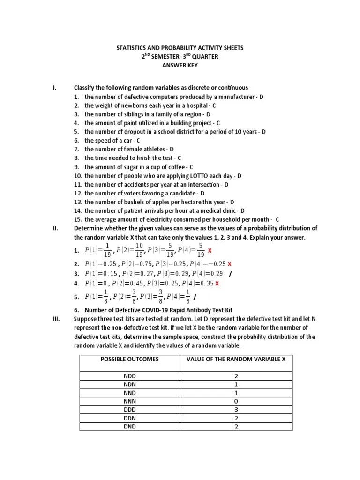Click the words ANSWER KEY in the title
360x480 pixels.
point(180,66)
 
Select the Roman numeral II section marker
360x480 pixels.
point(55,228)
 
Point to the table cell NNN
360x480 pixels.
point(130,401)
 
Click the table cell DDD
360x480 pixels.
point(130,410)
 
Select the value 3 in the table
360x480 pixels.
point(236,410)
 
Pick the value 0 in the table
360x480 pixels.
point(236,401)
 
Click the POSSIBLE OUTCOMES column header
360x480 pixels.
point(130,359)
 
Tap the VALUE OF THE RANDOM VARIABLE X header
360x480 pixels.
point(236,359)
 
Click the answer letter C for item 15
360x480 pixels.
point(277,219)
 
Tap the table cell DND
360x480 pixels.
point(130,427)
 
